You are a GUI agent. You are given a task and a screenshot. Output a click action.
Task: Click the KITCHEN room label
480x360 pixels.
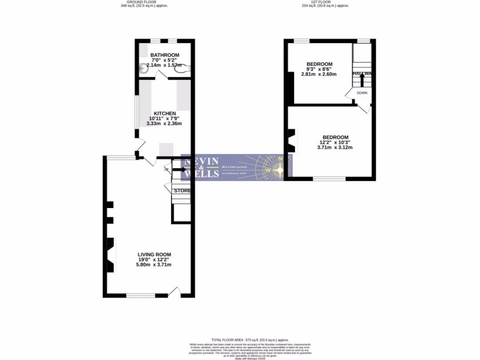pos(163,113)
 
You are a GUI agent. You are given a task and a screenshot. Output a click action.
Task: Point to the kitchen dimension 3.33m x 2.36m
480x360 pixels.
pos(164,124)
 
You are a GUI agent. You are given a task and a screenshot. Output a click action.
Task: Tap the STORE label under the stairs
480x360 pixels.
pos(182,191)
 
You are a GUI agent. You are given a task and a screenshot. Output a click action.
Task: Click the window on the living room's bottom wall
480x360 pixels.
pos(141,295)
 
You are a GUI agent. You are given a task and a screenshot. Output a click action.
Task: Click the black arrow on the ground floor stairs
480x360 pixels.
pos(179,169)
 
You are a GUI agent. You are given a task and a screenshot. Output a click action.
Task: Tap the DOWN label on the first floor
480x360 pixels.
pos(362,93)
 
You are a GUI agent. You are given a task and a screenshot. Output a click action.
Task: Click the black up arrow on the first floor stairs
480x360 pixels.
pos(362,78)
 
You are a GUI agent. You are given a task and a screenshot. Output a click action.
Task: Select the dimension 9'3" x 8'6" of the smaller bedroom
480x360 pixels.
pos(320,69)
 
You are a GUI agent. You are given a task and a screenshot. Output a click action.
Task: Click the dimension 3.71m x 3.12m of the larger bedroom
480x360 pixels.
pos(335,147)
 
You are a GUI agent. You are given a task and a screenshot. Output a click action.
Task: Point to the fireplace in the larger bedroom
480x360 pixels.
pos(292,141)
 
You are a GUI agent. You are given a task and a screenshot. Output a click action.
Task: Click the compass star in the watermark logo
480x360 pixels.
pos(280,168)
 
